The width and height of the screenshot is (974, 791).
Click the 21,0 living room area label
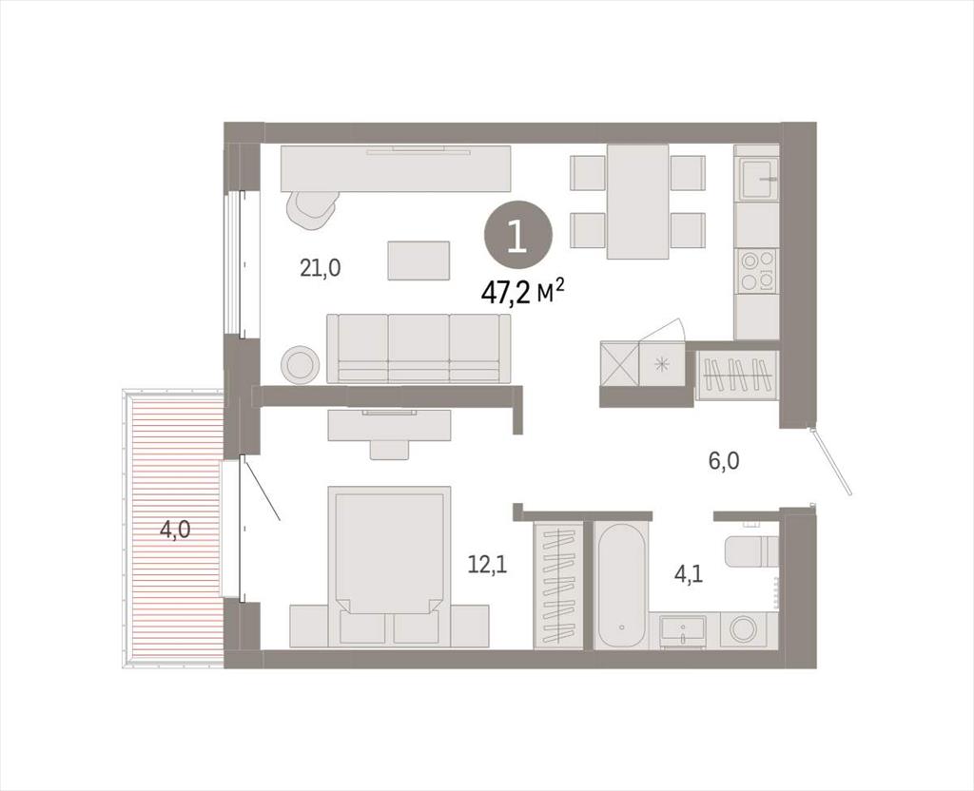[x=321, y=268]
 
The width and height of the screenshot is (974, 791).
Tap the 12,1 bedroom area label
[x=488, y=565]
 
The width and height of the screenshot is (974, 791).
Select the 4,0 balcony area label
[x=175, y=530]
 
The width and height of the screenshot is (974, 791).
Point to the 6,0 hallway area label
[x=724, y=461]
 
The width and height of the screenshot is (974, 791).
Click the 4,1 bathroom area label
[x=689, y=574]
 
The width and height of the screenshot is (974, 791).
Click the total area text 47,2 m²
[x=523, y=292]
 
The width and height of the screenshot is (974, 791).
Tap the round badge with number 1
[x=518, y=238]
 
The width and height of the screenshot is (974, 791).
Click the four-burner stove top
[x=757, y=271]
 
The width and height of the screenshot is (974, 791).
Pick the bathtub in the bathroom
[x=620, y=585]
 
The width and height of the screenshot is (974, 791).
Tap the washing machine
[x=744, y=629]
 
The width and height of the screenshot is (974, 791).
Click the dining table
[x=638, y=202]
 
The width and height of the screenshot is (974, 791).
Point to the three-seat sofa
[x=419, y=348]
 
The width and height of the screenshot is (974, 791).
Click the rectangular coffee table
[x=419, y=260]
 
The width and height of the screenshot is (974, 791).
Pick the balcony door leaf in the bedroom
[x=261, y=487]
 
